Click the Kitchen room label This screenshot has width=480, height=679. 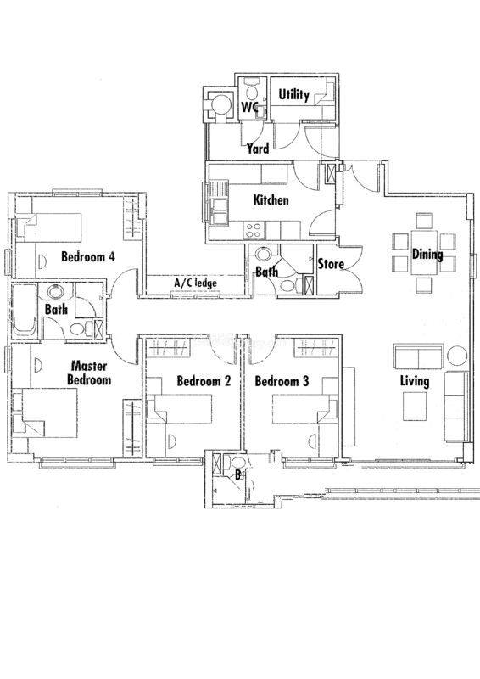coord(271,200)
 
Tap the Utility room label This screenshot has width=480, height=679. coord(293,94)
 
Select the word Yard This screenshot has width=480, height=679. coord(258,149)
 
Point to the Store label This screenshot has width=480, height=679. coord(331,264)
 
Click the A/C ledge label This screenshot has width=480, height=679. coord(195,283)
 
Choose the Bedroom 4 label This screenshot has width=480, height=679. coord(88,256)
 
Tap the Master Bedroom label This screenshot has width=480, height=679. coord(90,373)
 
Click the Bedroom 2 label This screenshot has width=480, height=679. coord(204,381)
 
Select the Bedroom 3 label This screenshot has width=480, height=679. coord(282,381)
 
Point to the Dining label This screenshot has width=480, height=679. coord(427,254)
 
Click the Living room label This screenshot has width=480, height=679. coord(415,381)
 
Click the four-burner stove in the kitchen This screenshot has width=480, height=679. coord(253,230)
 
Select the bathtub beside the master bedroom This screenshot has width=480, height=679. coord(25,311)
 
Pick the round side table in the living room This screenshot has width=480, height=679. coord(457,356)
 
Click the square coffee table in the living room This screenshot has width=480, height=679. coord(415,407)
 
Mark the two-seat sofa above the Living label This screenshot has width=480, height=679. coord(419,356)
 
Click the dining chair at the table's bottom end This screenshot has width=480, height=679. coord(424,285)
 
